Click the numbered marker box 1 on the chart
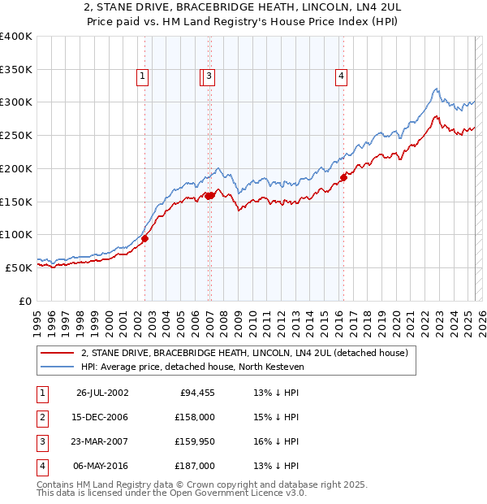[x=143, y=77]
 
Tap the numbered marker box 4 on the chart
[x=342, y=77]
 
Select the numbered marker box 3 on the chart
[x=209, y=77]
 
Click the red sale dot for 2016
[x=343, y=176]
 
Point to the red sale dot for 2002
[x=145, y=238]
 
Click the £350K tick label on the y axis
[x=15, y=70]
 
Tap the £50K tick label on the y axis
[x=19, y=267]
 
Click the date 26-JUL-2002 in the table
[x=102, y=393]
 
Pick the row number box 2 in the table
[x=40, y=417]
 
